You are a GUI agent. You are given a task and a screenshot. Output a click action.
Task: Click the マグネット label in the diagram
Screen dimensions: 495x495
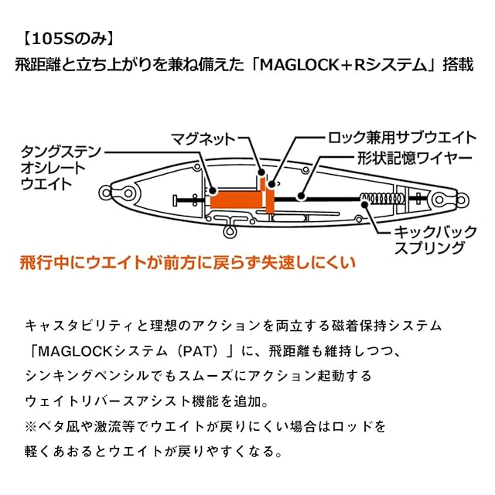(x=202, y=139)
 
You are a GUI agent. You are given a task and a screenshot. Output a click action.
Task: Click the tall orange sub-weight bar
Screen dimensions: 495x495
(x=270, y=195)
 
